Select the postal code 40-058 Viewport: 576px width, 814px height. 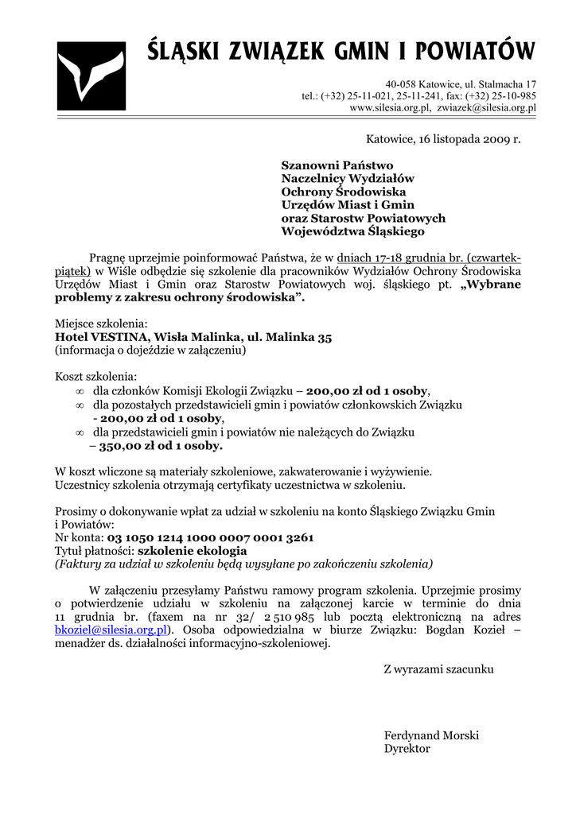click(x=403, y=84)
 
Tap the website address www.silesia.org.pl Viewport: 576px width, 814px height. click(x=390, y=107)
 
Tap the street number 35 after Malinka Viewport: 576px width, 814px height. click(x=325, y=337)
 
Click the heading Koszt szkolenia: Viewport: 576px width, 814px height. click(x=95, y=375)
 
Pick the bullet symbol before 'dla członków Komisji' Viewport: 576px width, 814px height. click(x=79, y=392)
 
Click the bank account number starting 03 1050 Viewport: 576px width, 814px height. click(x=210, y=537)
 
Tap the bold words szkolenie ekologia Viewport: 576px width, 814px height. click(x=193, y=550)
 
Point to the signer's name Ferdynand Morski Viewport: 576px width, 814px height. click(x=431, y=735)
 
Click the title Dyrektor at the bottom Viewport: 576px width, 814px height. click(x=407, y=749)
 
